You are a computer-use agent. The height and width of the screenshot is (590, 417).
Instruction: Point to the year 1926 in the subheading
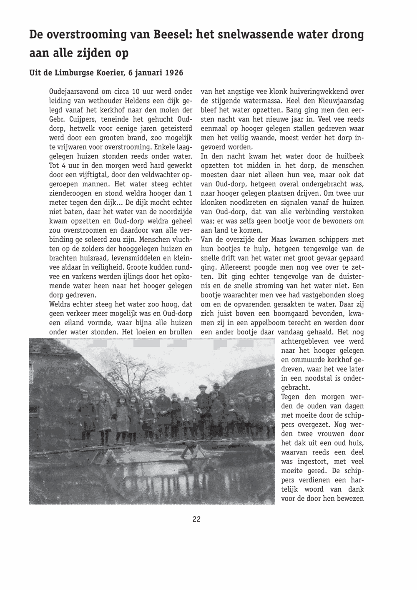[173, 73]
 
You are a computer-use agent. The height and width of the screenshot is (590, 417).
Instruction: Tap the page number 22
[197, 519]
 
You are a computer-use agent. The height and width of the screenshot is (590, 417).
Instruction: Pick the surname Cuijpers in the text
[78, 119]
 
